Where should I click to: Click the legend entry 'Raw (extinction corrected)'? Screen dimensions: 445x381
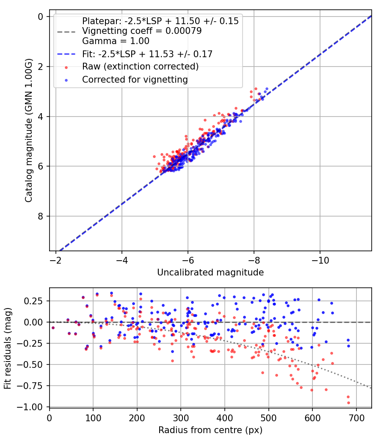coord(140,67)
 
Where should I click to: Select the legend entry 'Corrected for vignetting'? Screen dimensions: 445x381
coord(135,79)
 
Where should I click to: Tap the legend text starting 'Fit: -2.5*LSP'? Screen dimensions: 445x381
coord(147,54)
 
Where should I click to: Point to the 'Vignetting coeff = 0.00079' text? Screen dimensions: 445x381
coord(141,31)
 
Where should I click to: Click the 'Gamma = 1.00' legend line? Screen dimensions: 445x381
coord(116,41)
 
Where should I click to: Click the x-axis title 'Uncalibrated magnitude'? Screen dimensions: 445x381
coord(210,273)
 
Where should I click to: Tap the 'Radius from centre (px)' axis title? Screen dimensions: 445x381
coord(210,430)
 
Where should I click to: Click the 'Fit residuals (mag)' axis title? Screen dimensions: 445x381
coord(8,348)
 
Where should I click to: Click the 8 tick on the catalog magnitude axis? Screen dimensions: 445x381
coord(41,216)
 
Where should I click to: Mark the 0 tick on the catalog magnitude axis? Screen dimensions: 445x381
coord(41,17)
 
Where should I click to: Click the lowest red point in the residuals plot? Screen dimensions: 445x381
coord(348,403)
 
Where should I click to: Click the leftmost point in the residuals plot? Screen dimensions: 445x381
coord(53,328)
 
